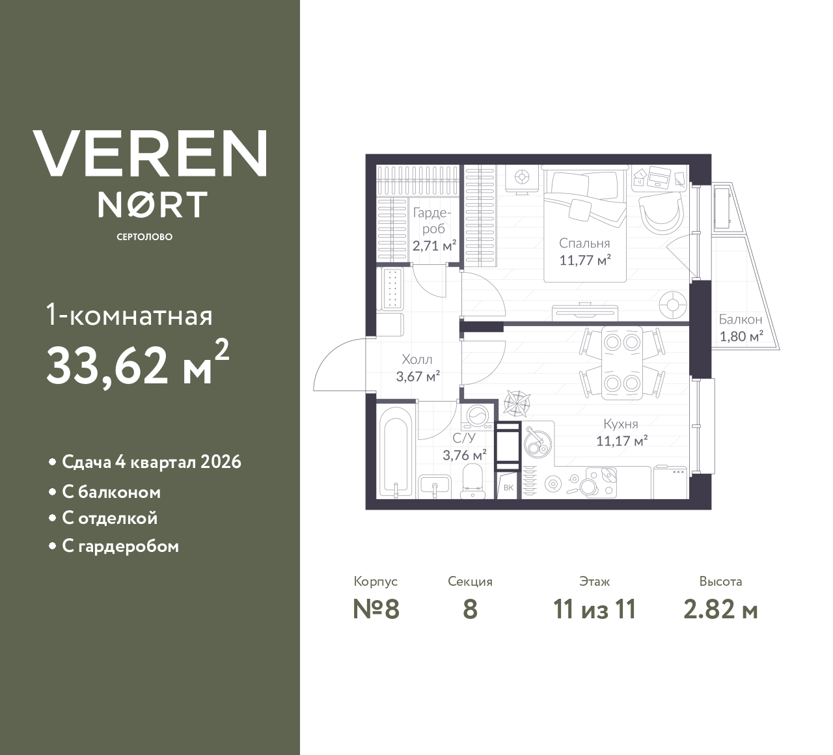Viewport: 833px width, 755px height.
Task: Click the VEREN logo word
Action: coord(150,154)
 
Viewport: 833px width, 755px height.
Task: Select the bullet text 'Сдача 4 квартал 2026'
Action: coord(151,462)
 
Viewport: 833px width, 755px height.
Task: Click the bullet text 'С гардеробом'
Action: coord(120,546)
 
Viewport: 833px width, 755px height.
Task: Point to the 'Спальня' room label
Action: coord(584,243)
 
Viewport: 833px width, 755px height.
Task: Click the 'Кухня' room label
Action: coord(620,424)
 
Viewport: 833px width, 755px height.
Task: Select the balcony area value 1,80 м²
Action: coord(741,336)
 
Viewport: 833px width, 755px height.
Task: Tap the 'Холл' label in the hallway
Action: coord(417,359)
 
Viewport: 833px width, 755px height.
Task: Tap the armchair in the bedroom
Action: coord(661,212)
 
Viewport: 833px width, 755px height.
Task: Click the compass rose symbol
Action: coord(517,403)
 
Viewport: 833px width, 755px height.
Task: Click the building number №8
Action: coord(376,610)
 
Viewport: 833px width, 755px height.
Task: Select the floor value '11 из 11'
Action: coord(594,610)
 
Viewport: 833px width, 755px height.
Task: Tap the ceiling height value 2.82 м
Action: coord(720,610)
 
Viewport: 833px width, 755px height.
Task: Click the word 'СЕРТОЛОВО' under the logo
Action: coord(144,237)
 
